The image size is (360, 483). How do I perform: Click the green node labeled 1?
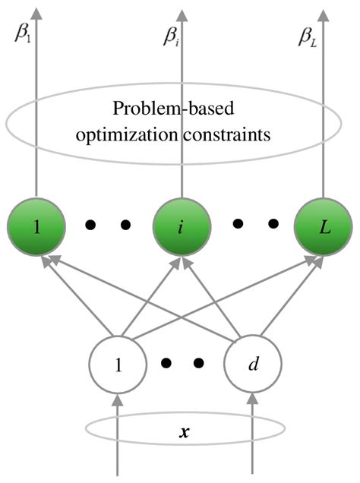[x=35, y=226]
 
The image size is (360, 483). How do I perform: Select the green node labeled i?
[x=182, y=226]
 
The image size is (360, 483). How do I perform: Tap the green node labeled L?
[x=325, y=226]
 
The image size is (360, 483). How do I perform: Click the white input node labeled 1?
[x=118, y=363]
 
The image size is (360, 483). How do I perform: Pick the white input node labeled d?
[x=253, y=363]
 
